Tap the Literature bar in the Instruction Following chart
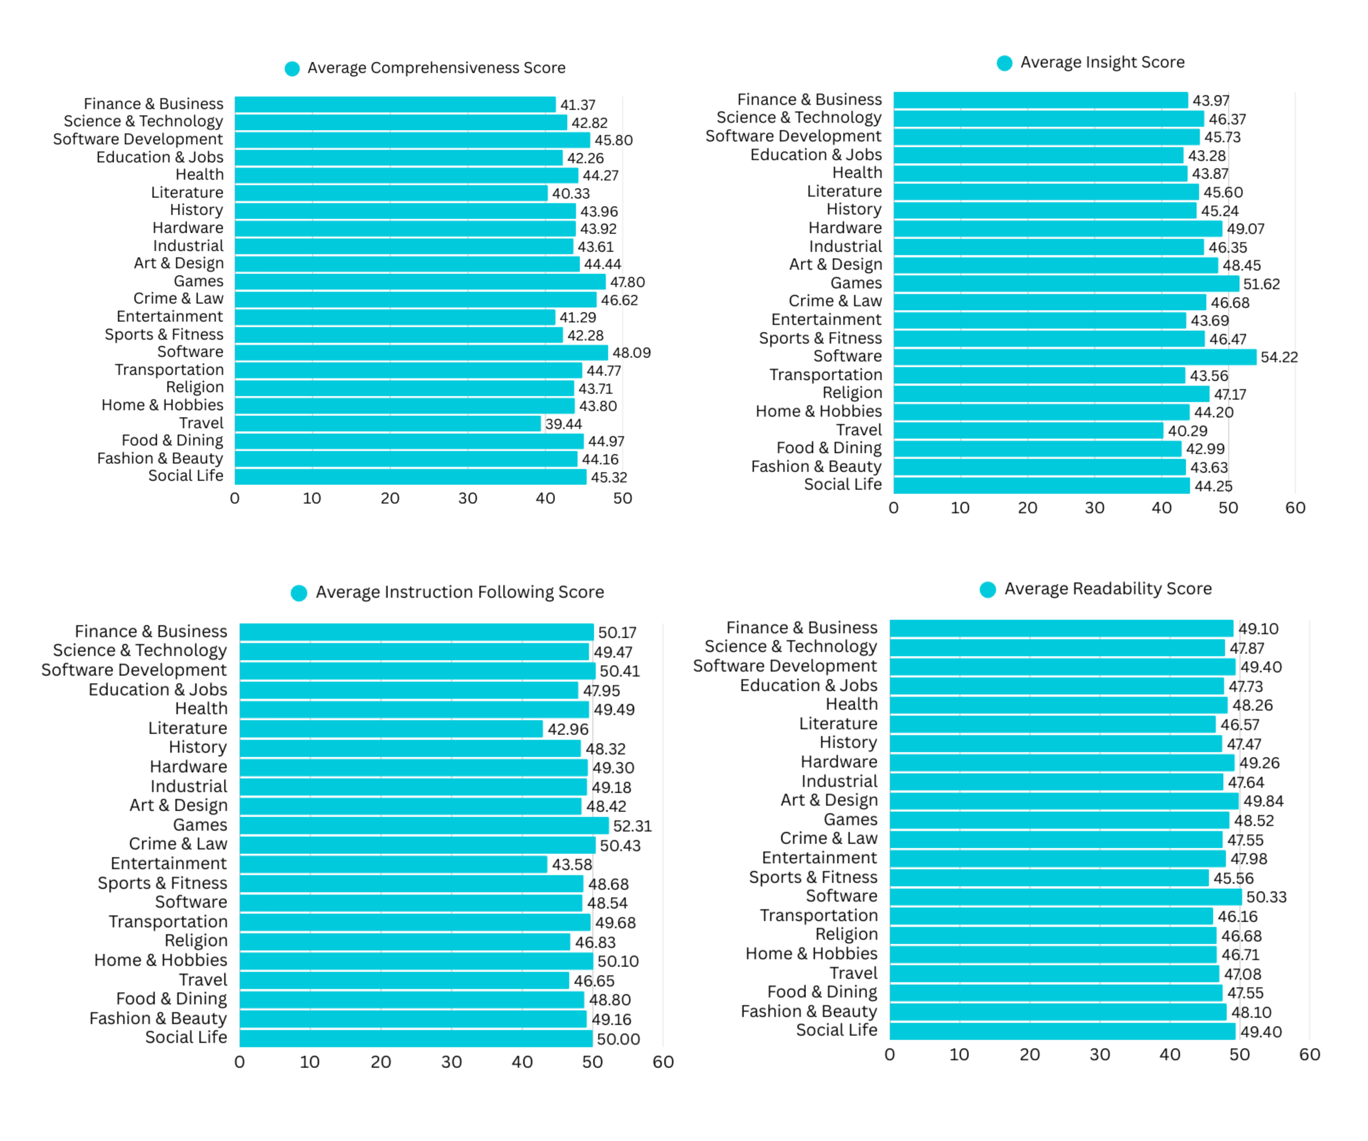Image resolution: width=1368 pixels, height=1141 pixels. [391, 729]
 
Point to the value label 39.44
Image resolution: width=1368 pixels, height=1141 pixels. [564, 424]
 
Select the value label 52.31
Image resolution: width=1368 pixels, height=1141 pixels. [632, 826]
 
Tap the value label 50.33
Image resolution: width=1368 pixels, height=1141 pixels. [1266, 897]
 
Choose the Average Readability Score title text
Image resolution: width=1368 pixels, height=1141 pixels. [1107, 589]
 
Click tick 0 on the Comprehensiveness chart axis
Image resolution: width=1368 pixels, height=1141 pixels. [235, 498]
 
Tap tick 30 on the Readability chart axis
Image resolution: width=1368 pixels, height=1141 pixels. [1100, 1054]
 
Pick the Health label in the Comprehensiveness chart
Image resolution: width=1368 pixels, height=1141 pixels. [199, 175]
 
